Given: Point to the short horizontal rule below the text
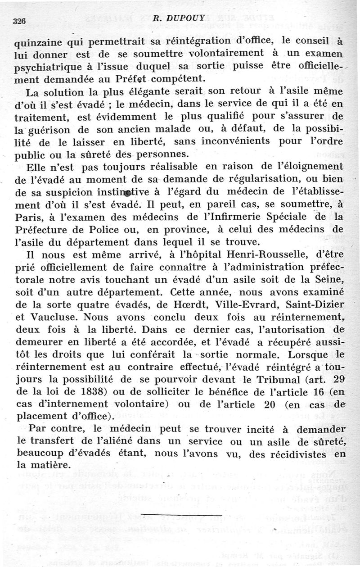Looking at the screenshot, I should pos(184,514).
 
